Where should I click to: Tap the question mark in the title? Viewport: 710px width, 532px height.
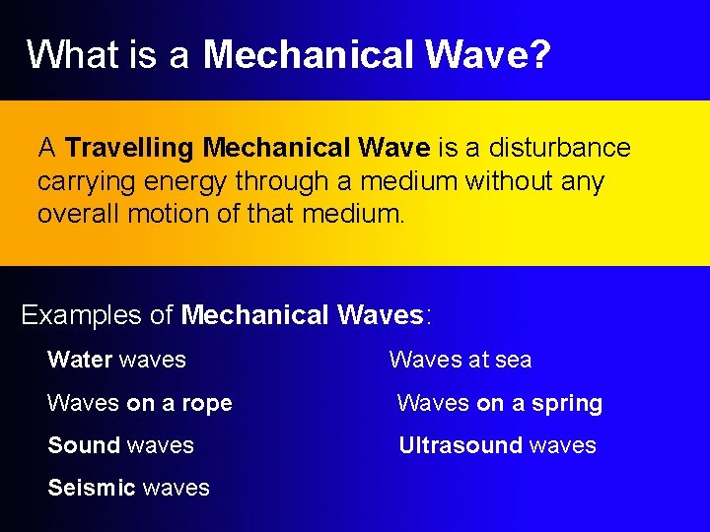(539, 54)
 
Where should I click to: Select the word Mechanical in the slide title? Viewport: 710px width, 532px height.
(309, 54)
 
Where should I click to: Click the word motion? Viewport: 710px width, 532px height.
(158, 214)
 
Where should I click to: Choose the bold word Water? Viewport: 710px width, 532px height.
(79, 360)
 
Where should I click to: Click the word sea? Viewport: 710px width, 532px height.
(513, 360)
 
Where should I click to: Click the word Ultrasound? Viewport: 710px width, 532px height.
(460, 445)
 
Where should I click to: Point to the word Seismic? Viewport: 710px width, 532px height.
(91, 488)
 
